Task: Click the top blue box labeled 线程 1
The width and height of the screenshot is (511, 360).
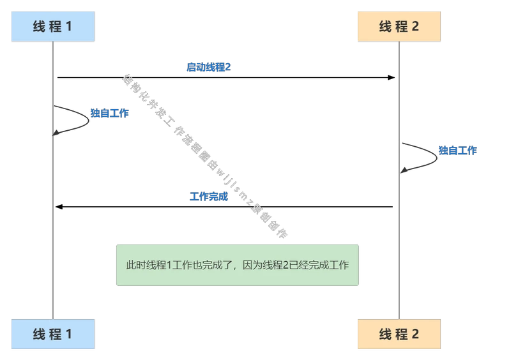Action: point(53,26)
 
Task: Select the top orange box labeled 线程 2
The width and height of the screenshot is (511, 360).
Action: point(399,26)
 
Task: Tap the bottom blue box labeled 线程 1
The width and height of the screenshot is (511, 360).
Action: point(53,334)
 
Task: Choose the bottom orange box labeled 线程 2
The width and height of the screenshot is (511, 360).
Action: point(399,334)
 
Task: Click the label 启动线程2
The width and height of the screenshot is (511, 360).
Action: point(209,67)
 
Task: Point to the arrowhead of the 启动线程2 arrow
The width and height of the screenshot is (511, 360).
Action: point(392,77)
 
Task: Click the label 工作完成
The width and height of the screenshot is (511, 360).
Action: point(209,197)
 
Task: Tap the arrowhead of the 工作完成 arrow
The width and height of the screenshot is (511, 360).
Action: point(59,207)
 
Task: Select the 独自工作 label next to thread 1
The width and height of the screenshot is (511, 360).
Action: point(109,113)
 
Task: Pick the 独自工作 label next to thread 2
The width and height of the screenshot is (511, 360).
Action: point(457,151)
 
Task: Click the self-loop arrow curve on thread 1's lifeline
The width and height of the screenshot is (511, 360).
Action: point(89,121)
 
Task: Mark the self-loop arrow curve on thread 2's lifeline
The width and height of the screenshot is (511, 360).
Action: point(437,158)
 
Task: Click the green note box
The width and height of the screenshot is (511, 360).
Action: point(238,265)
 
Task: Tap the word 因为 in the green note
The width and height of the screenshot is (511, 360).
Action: point(252,265)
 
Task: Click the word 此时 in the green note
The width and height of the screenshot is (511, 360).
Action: point(136,265)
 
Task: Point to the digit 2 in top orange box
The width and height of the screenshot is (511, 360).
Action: point(415,26)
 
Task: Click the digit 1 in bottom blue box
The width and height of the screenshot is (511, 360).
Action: point(69,334)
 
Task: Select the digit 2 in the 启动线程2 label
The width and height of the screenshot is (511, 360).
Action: point(228,67)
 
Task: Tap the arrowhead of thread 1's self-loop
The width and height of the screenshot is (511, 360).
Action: point(56,133)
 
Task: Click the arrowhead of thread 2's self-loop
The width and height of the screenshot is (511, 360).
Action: point(404,170)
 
